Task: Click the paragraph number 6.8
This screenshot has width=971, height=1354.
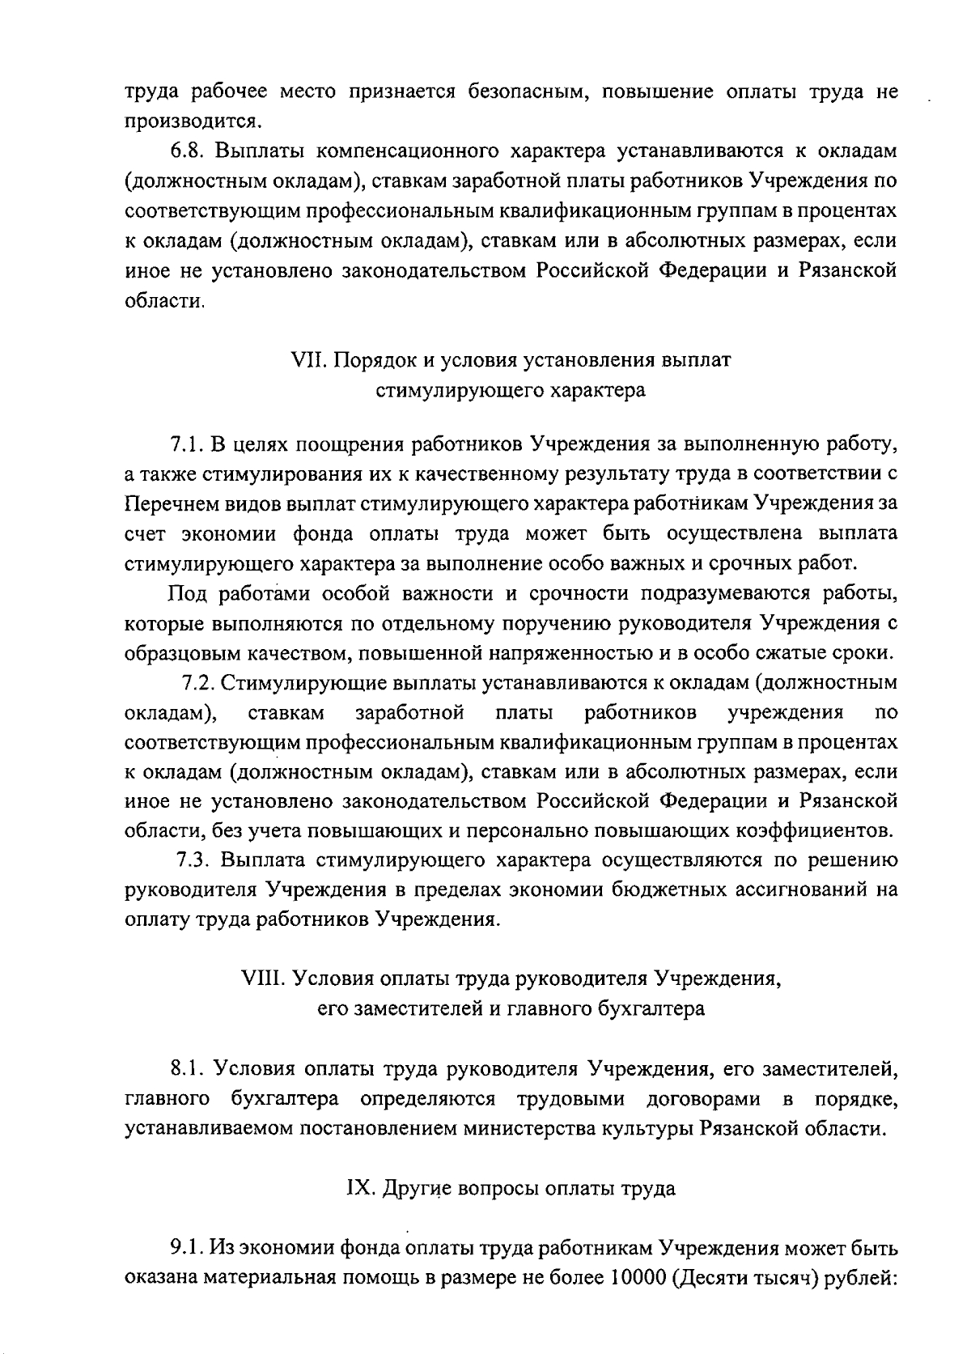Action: point(187,151)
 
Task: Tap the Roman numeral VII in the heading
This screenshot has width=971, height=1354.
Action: point(307,360)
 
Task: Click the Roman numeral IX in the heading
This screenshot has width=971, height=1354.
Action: point(358,1189)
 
